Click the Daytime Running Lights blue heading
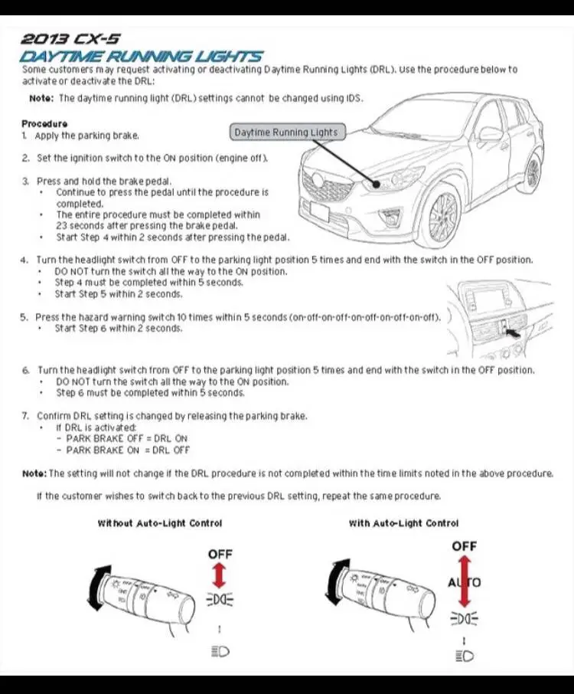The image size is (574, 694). tap(142, 56)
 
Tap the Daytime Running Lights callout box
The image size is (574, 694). tap(285, 133)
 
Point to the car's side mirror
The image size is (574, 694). tap(491, 134)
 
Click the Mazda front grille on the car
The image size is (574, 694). tap(328, 186)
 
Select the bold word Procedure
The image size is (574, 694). tap(44, 123)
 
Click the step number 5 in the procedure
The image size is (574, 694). tap(24, 317)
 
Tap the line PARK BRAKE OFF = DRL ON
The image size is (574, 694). tap(127, 438)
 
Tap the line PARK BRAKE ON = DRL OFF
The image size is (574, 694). tap(128, 450)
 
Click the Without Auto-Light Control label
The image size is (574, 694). tap(159, 523)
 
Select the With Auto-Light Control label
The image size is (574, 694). tap(403, 523)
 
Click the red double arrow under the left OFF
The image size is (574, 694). tap(219, 574)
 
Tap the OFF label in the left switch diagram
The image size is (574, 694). tap(220, 554)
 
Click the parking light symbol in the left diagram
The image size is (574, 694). tap(219, 597)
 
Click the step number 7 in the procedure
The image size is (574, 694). tap(24, 416)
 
